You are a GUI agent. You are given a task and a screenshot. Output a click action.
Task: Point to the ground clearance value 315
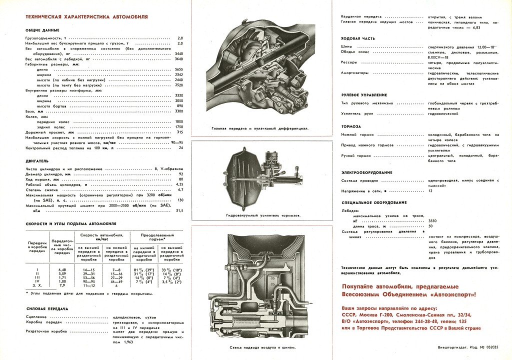point(180,132)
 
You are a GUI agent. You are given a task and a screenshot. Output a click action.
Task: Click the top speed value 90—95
point(177,142)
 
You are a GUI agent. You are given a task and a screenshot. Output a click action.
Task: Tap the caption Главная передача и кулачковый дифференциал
point(259,128)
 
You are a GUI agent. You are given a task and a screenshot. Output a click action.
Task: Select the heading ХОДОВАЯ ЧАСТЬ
point(357,38)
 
